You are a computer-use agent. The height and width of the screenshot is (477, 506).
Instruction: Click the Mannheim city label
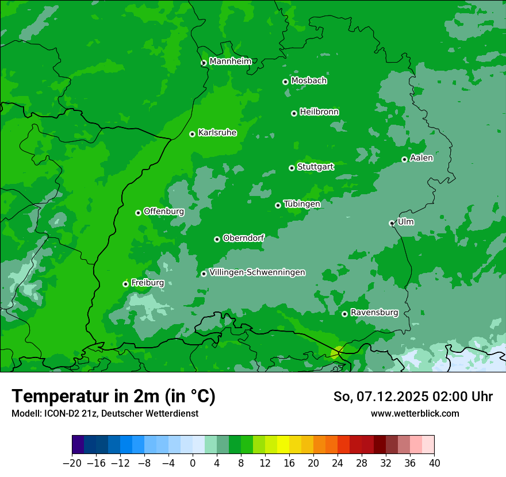[x=230, y=61]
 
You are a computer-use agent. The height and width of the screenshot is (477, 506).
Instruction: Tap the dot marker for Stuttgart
[x=292, y=168]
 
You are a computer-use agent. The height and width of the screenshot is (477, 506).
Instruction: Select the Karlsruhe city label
[x=217, y=133]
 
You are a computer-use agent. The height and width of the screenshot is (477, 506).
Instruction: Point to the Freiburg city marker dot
[x=125, y=284]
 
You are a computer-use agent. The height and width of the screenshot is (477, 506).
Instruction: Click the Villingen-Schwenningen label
[x=257, y=272]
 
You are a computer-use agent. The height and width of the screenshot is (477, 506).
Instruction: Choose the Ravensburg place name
[x=374, y=313]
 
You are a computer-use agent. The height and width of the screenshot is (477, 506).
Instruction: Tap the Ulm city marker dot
[x=392, y=223]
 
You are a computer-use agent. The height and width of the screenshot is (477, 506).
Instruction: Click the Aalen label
[x=421, y=158]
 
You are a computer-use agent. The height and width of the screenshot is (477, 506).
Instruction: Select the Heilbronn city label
[x=319, y=112]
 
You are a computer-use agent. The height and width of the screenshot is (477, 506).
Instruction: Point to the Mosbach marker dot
[x=285, y=82]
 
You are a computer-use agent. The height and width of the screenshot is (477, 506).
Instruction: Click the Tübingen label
[x=302, y=204]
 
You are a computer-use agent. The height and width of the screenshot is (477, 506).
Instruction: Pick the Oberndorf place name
[x=243, y=238]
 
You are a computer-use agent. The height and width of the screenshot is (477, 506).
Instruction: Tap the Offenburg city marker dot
[x=138, y=213]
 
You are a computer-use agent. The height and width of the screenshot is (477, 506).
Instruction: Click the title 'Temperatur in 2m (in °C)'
[x=113, y=397]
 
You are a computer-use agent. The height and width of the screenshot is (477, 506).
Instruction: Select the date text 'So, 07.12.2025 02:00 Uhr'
[x=413, y=397]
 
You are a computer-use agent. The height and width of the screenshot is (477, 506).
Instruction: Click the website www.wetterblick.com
[x=415, y=413]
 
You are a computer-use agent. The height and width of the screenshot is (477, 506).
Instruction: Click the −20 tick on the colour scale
[x=72, y=463]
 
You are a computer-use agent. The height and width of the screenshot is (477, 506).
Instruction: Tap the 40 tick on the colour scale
[x=434, y=463]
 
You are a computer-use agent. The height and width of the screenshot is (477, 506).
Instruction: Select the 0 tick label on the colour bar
[x=193, y=463]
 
